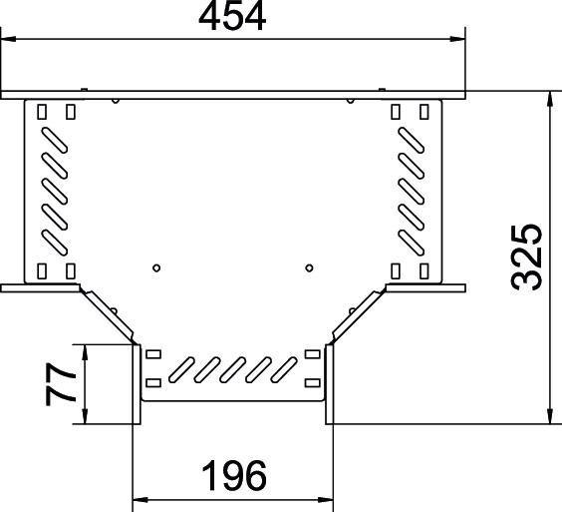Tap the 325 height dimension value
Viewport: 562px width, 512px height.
(526, 257)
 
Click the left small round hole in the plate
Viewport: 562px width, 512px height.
(156, 267)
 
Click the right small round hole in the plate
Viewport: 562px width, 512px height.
(310, 267)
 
